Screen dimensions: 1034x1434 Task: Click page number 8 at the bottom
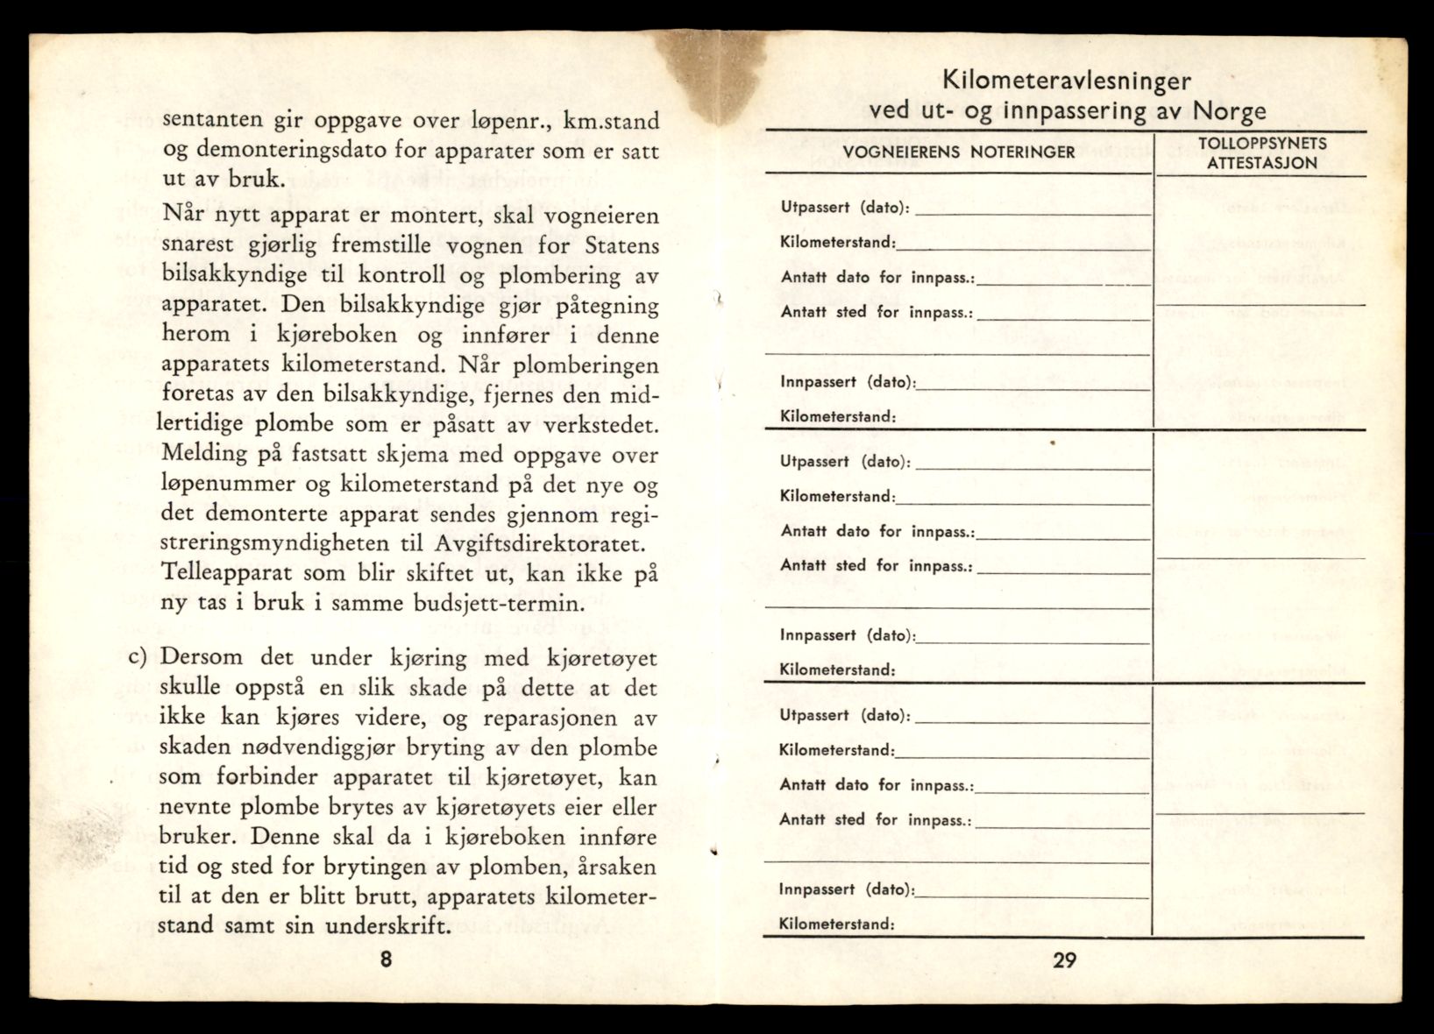point(386,959)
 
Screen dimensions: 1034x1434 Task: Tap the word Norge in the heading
point(1229,111)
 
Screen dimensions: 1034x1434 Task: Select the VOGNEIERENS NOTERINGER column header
point(959,152)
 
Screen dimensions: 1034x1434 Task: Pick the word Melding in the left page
point(204,455)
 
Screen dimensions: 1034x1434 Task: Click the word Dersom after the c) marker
point(204,658)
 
